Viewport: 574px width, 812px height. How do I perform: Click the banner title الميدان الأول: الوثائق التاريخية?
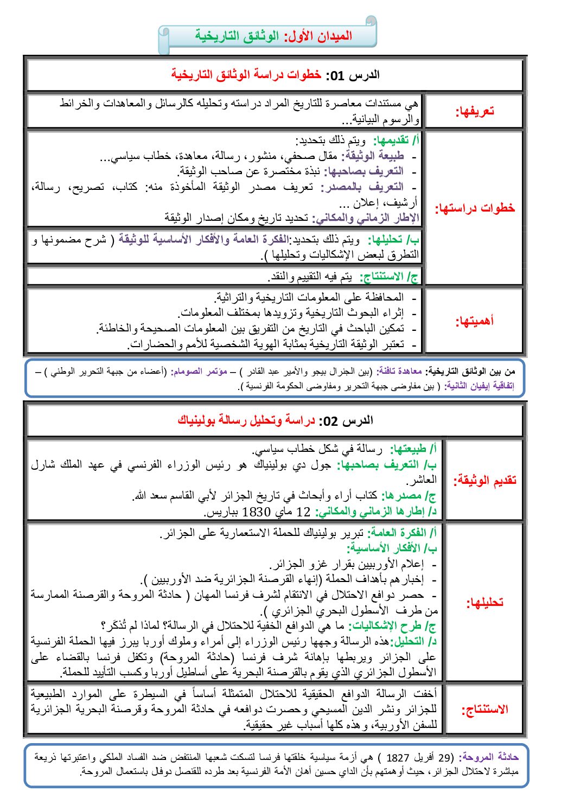tap(273, 36)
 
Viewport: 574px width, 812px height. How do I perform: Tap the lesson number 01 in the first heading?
tap(337, 75)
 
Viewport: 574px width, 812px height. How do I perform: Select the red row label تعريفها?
tap(475, 112)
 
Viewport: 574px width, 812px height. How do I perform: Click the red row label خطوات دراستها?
tap(475, 208)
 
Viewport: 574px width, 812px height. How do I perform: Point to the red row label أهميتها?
tap(475, 321)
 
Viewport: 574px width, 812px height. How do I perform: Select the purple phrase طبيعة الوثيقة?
tap(372, 156)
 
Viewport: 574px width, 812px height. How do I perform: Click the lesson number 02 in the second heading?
tap(330, 421)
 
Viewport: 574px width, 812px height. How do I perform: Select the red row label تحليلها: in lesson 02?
tap(484, 602)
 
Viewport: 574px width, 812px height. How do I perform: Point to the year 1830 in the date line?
tap(256, 512)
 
